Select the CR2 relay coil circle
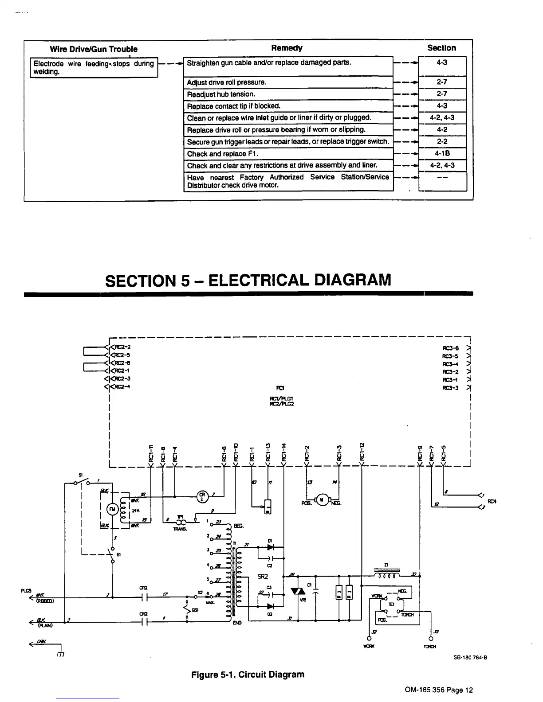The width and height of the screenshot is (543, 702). point(202,496)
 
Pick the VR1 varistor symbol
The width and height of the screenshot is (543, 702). point(296,591)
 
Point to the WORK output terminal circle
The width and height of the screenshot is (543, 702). point(369,639)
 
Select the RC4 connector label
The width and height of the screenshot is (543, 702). point(491,501)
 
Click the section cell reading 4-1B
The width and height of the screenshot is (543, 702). point(442,154)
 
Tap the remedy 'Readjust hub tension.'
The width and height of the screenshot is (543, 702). point(221,94)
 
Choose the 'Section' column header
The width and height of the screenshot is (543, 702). point(441,48)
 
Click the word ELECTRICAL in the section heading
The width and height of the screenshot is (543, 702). point(258,280)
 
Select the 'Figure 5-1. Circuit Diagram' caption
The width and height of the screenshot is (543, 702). point(248,675)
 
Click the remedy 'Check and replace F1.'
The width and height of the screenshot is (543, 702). point(222,154)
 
